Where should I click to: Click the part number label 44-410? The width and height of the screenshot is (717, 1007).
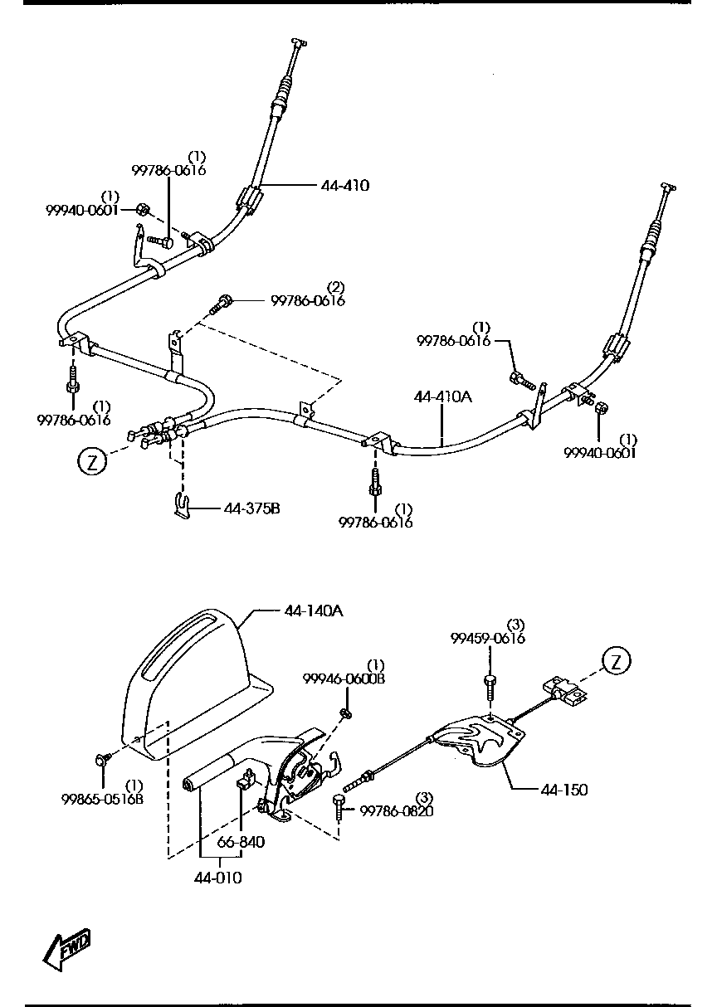point(344,185)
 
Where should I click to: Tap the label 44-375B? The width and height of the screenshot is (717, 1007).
point(251,508)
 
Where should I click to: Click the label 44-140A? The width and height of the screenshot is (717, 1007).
point(313,611)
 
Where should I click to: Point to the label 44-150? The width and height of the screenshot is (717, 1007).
point(563,790)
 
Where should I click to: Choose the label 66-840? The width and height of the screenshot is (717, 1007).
point(241,842)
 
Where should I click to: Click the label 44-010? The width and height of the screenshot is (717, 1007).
point(219,878)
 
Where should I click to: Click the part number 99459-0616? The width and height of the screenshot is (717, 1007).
point(488,638)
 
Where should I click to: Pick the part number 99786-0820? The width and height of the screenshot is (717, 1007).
point(396,810)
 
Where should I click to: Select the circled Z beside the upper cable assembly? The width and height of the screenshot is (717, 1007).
point(92,461)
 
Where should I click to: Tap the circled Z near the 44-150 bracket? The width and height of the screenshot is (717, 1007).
point(616,660)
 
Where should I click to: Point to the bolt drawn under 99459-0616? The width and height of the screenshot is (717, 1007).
point(489,684)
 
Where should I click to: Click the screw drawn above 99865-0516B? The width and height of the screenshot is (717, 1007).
point(102,758)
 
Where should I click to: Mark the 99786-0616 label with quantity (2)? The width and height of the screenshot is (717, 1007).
point(307,300)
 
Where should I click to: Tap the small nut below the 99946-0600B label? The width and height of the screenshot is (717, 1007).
point(347,713)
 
